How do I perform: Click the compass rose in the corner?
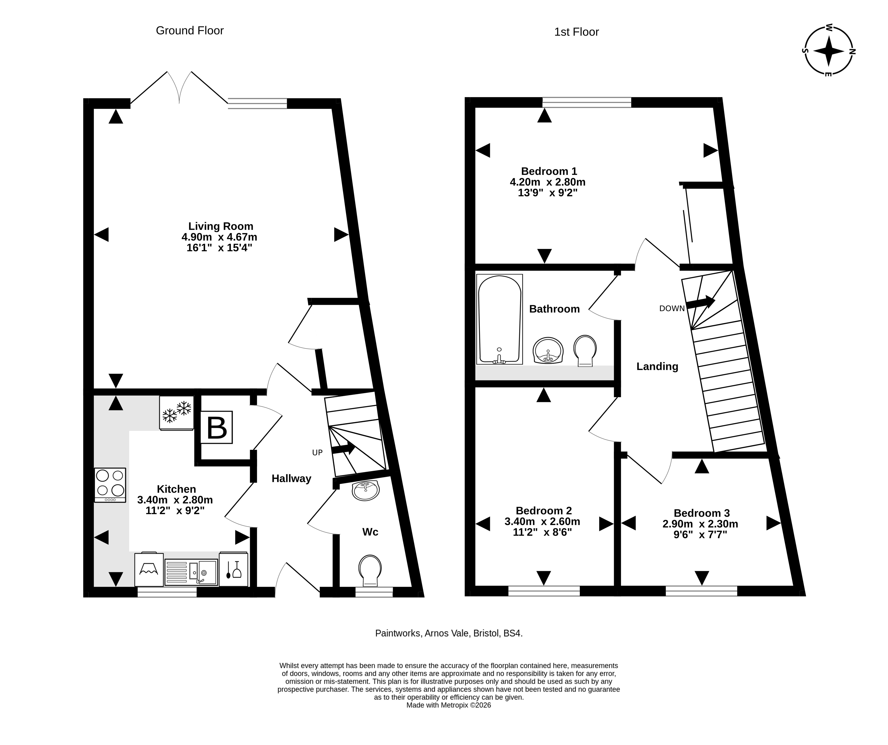[x=829, y=51]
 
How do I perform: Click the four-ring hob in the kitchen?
[x=110, y=485]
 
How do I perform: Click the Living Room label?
[x=221, y=226]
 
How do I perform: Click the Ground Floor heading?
[x=190, y=30]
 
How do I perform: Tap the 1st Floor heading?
[x=576, y=32]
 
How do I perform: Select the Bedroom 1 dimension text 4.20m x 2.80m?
[x=548, y=182]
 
